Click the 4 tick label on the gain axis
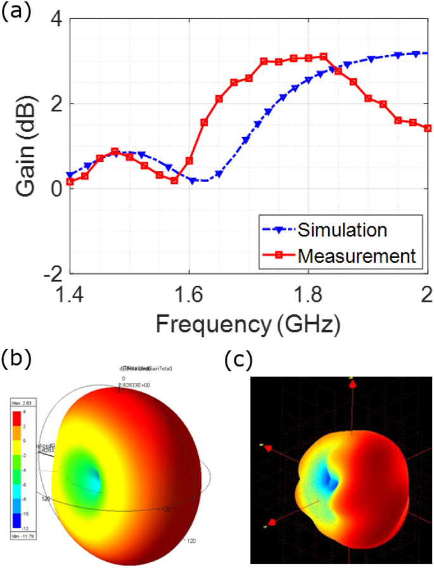point(57,20)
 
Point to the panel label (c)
point(239,359)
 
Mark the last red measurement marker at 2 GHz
point(428,128)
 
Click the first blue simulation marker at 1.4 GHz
point(70,175)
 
